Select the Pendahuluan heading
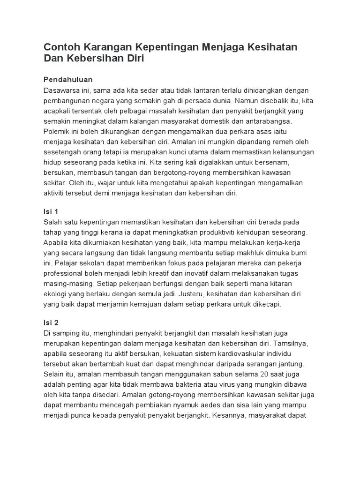[68, 79]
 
